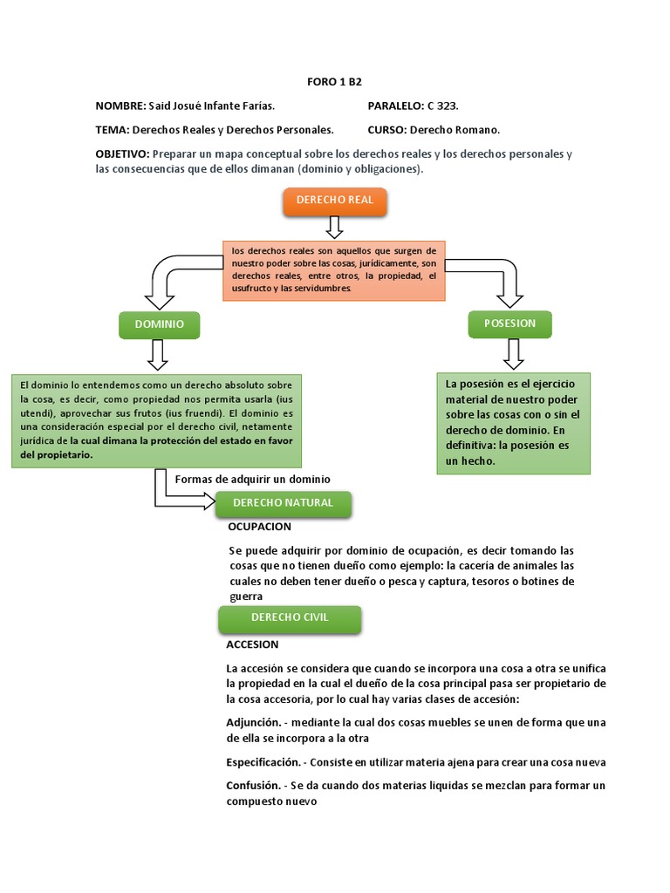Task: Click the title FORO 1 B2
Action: [334, 82]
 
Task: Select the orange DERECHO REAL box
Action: [334, 201]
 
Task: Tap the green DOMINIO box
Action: [159, 324]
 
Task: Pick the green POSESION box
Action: [509, 324]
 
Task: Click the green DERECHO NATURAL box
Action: [283, 503]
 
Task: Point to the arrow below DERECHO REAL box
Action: [334, 227]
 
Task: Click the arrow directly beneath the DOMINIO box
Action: [158, 354]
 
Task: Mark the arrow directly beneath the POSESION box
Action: [513, 352]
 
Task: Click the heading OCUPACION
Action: [259, 527]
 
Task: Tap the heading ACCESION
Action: [252, 644]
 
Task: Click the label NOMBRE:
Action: [120, 106]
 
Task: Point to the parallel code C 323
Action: [442, 106]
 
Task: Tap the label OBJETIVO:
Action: [122, 154]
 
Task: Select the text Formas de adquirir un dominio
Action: [253, 479]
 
